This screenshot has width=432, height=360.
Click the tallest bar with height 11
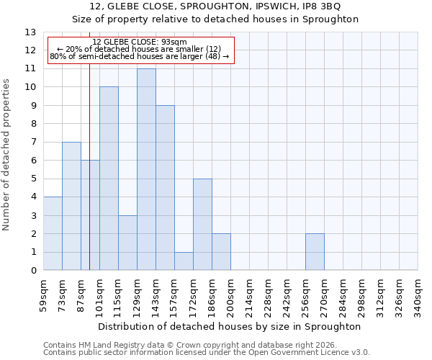(x=146, y=169)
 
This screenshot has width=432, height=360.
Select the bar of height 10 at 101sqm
(x=109, y=179)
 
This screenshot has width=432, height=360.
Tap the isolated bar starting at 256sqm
(x=315, y=252)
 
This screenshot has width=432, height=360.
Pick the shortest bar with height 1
(x=184, y=261)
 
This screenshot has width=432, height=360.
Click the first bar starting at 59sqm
(x=53, y=233)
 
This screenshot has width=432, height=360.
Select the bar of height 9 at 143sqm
(x=165, y=188)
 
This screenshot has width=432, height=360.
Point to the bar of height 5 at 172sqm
(x=202, y=225)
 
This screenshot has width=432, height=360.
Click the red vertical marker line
(x=89, y=180)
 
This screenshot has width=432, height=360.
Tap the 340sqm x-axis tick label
(x=418, y=295)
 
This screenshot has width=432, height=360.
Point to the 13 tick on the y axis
(x=31, y=32)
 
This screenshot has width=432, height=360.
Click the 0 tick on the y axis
(x=33, y=271)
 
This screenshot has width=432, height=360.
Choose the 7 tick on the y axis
(x=33, y=143)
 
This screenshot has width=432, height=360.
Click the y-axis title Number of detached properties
(x=7, y=155)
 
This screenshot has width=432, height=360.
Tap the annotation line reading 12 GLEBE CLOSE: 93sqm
(x=140, y=42)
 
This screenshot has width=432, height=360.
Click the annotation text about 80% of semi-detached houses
(x=140, y=56)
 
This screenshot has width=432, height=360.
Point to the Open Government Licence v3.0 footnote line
(x=207, y=353)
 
